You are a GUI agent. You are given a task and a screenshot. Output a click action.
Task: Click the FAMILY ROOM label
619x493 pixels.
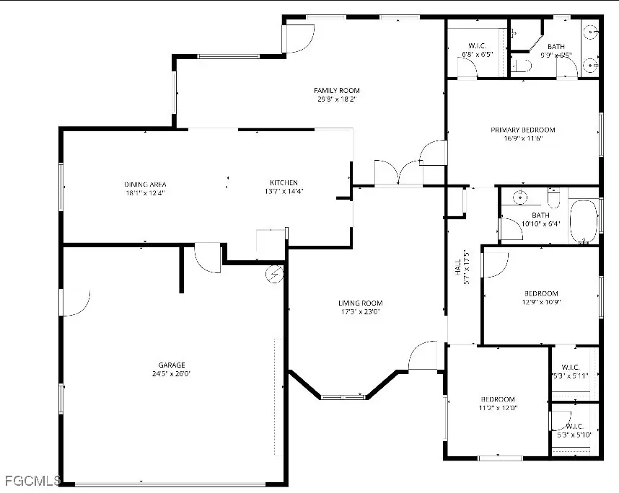pos(337,90)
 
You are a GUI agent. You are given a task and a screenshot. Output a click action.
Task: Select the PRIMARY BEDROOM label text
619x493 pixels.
pos(523,130)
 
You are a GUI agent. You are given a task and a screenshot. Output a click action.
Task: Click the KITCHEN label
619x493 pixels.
pos(284,182)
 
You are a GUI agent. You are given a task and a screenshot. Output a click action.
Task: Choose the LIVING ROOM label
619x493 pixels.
pos(361,303)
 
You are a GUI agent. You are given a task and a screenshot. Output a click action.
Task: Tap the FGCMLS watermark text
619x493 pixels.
pos(30,480)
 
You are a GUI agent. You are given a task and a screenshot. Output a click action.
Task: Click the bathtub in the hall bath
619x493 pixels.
pos(583,223)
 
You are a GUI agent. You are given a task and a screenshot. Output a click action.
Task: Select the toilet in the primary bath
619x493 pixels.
pos(524,66)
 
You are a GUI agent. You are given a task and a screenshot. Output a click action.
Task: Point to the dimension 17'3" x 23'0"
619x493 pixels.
pos(361,312)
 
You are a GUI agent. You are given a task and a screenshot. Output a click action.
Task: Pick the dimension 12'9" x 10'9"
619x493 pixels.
pos(541,302)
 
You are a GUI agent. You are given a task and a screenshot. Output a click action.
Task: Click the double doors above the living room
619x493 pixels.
pos(398,173)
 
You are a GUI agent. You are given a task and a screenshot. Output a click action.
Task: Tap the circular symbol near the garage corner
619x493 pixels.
pos(274,274)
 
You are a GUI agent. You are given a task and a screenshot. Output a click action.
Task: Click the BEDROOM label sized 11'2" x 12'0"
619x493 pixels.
pos(498,399)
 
